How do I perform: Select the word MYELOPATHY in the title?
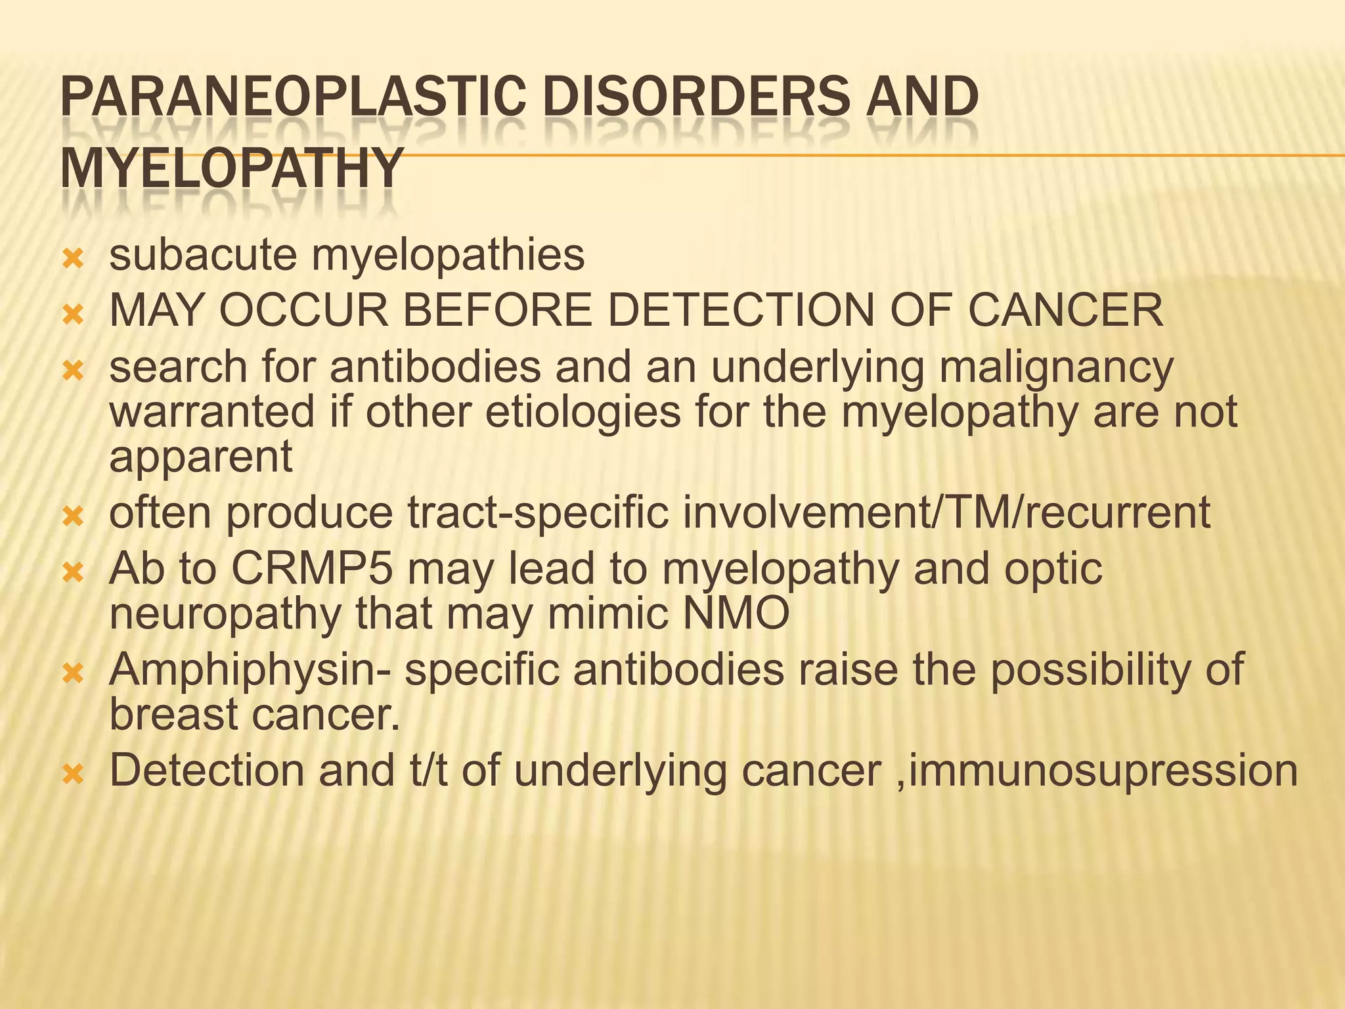tap(231, 169)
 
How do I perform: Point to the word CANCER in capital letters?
tap(1065, 310)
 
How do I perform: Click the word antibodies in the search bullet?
tap(435, 367)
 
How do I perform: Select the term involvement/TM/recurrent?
tap(946, 513)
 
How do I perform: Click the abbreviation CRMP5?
tap(312, 569)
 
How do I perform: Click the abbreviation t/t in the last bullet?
tap(428, 771)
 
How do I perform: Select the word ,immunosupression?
tap(1097, 772)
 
